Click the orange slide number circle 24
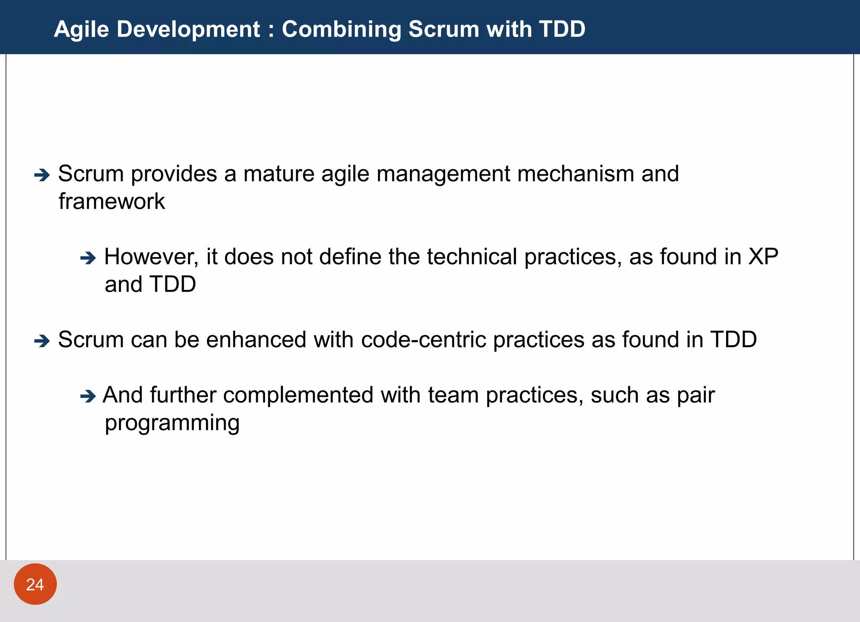pos(35,584)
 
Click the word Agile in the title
pos(81,29)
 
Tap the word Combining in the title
pos(341,29)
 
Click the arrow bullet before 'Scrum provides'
pos(42,175)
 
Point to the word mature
pos(278,174)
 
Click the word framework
pos(112,201)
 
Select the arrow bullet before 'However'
pos(88,258)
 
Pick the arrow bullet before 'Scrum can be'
pos(42,341)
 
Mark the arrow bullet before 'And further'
pos(88,396)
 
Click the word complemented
pos(298,395)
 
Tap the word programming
pos(172,423)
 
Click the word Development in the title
pos(188,29)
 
